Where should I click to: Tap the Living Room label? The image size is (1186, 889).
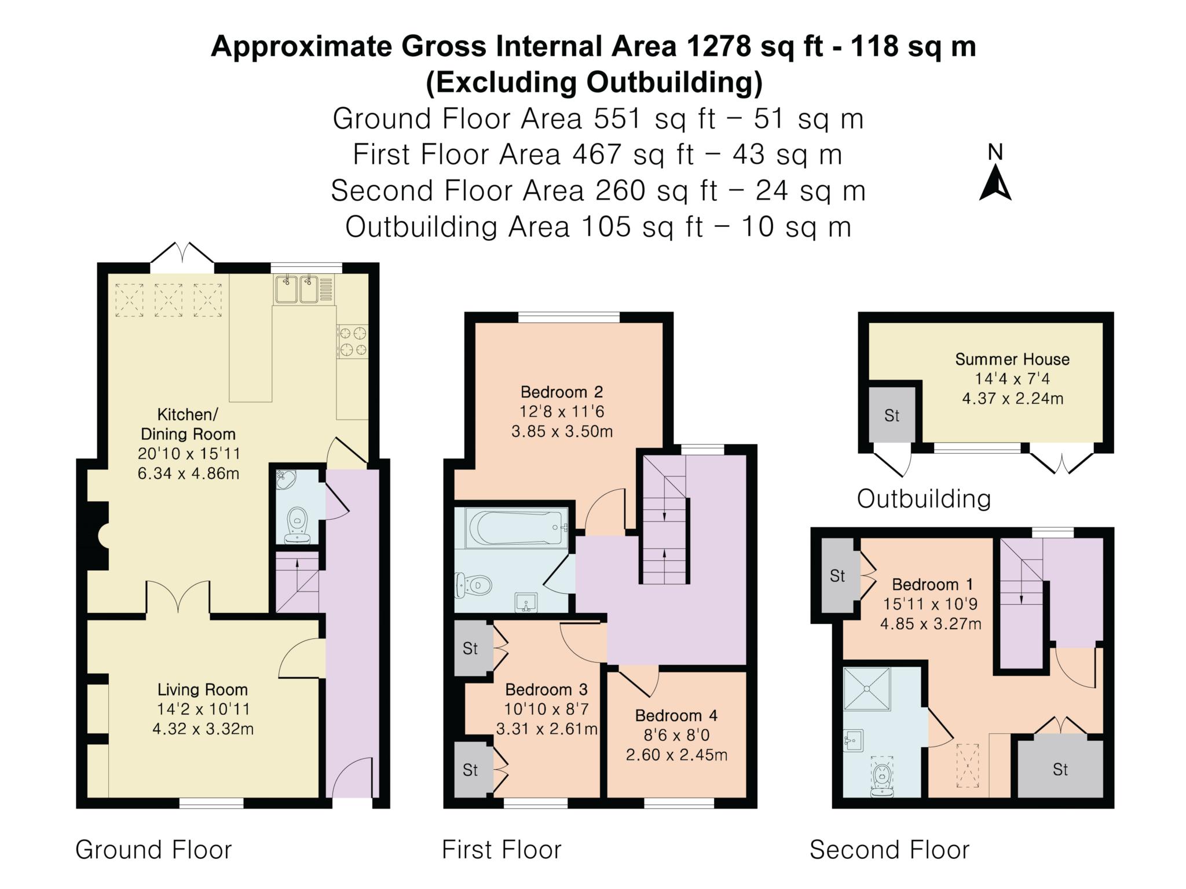(203, 689)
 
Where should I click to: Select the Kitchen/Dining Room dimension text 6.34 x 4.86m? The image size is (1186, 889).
(188, 473)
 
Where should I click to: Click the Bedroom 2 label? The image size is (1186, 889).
(562, 392)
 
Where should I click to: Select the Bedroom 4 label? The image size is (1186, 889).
(676, 715)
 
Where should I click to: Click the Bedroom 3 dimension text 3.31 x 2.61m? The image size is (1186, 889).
(547, 729)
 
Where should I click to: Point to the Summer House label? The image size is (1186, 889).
(1012, 359)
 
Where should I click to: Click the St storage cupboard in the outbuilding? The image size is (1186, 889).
(892, 416)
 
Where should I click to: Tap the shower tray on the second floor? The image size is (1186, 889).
(867, 689)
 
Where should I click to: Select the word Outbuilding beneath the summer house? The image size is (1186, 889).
(924, 498)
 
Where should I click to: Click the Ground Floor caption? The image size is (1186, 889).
(153, 850)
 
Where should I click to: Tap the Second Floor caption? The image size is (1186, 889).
(889, 850)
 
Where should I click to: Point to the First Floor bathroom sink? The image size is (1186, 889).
(526, 603)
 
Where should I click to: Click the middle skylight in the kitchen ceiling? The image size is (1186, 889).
(169, 300)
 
